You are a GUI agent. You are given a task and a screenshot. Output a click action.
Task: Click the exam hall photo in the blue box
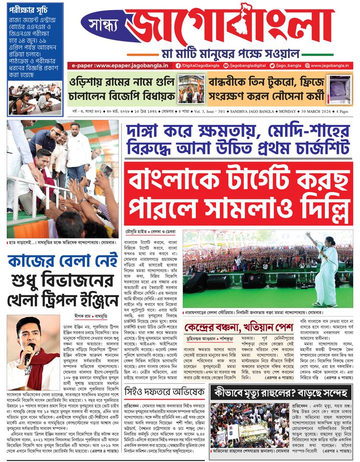[x=36, y=99]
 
